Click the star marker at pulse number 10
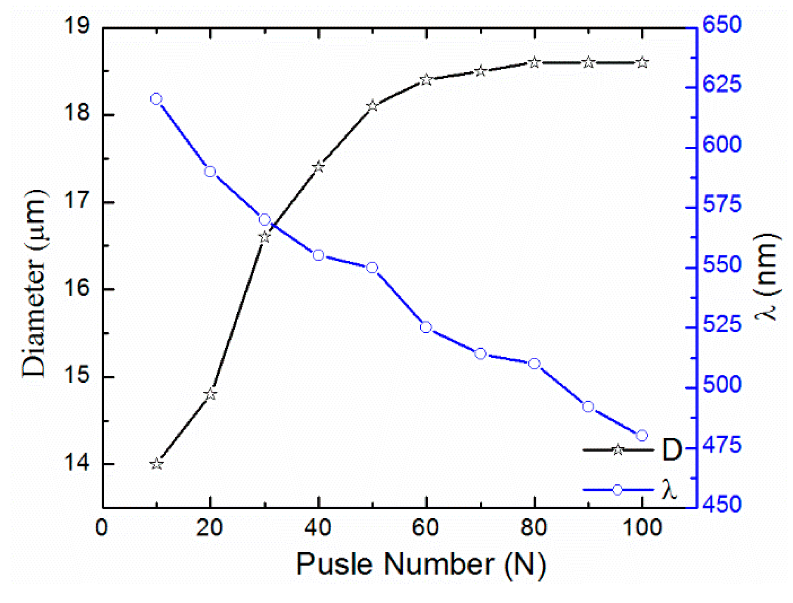156,464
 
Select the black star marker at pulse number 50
372,106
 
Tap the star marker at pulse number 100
642,63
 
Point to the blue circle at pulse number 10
156,99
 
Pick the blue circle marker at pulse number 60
426,327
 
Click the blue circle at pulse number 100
642,436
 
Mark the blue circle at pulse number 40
318,255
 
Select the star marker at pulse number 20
210,394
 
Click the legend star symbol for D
618,450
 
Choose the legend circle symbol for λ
617,490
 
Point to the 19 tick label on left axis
77,26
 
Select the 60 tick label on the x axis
426,528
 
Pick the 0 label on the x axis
102,528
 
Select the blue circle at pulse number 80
534,364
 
